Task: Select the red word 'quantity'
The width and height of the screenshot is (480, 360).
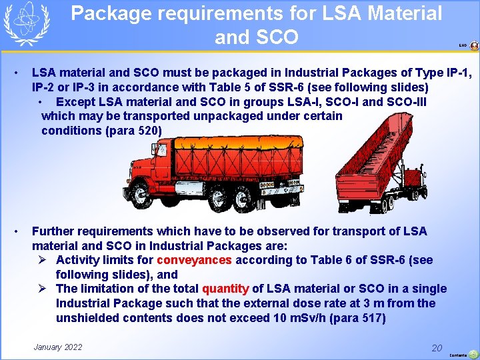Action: pos(225,289)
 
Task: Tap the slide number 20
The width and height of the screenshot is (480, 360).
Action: pos(437,348)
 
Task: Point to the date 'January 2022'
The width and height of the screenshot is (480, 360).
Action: pos(58,347)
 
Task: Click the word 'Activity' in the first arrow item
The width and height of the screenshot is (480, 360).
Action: pos(79,260)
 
